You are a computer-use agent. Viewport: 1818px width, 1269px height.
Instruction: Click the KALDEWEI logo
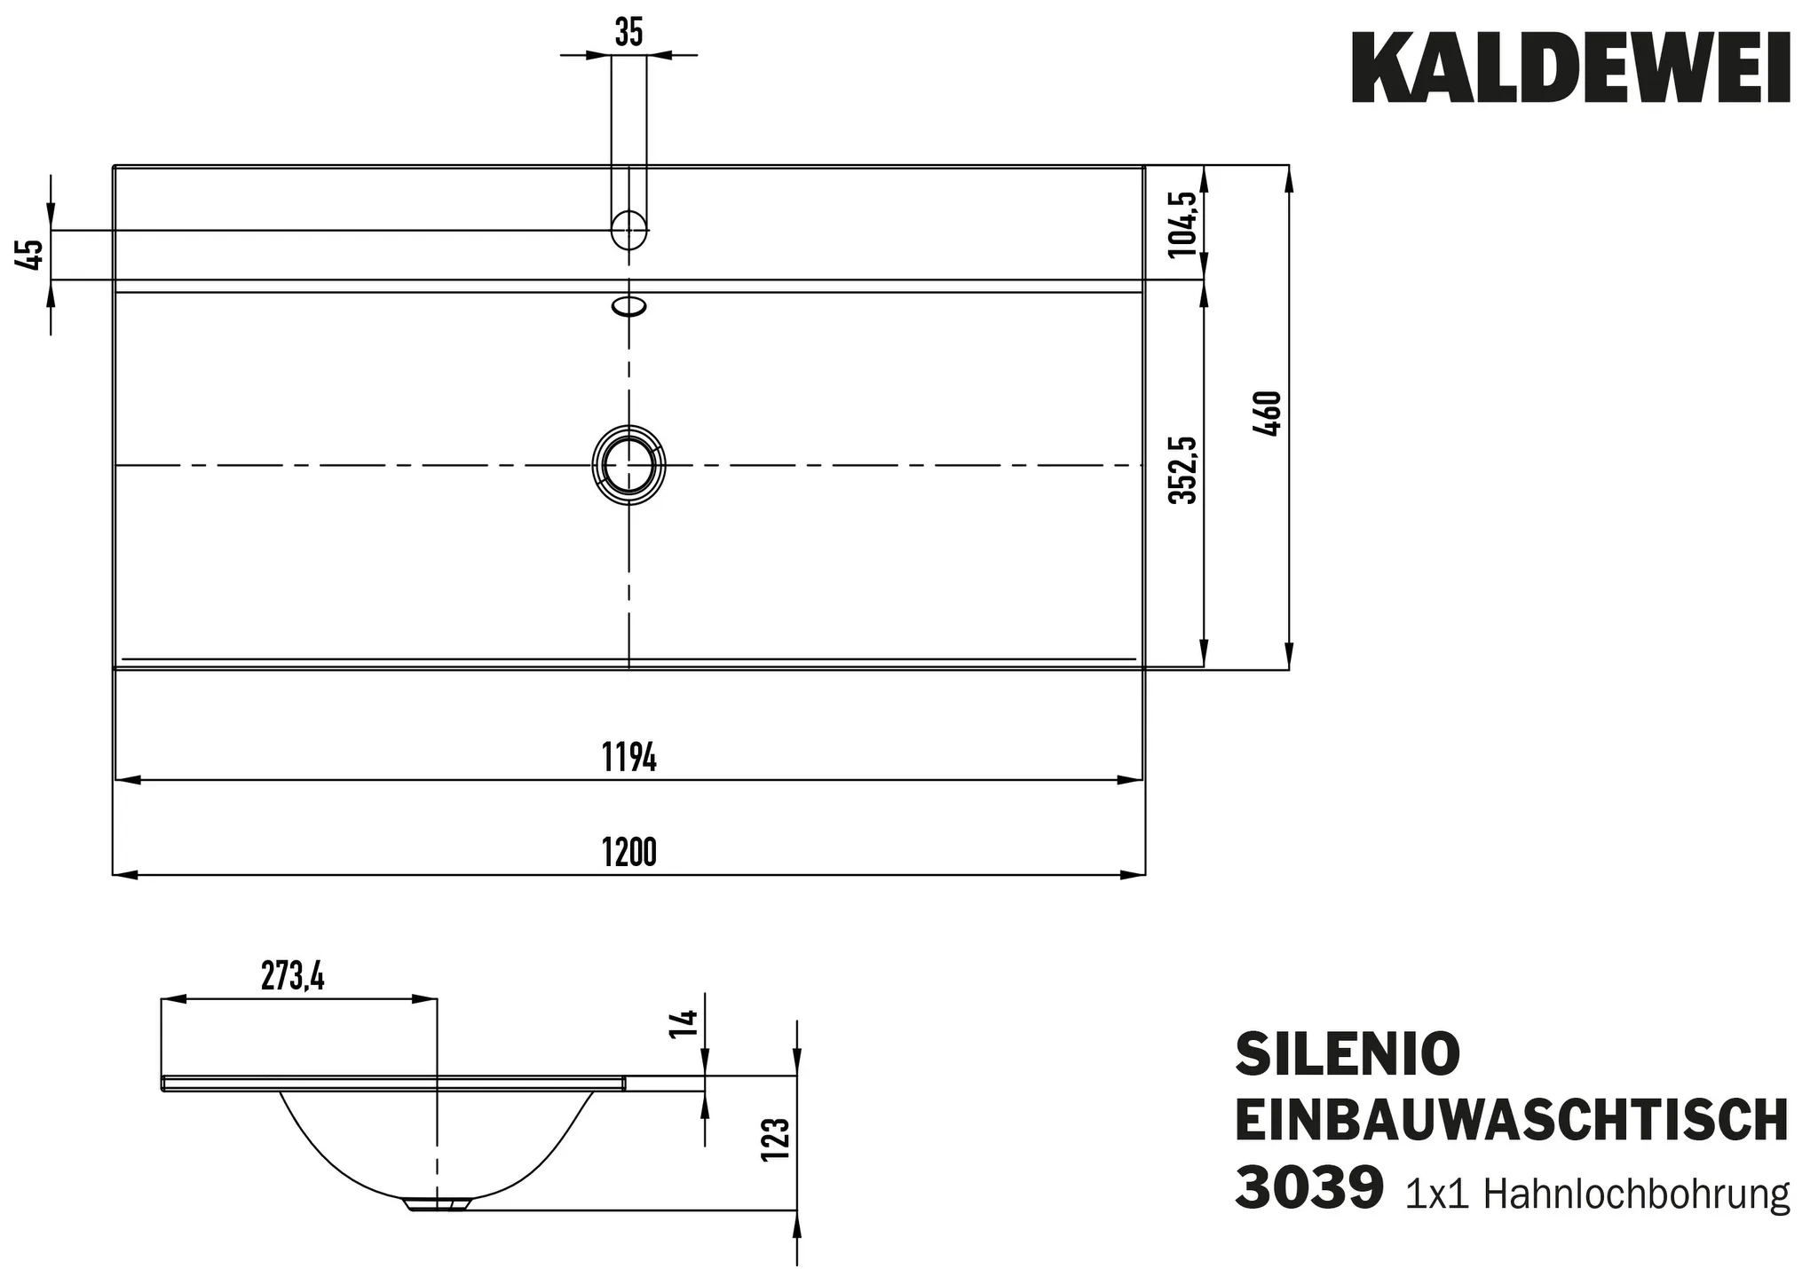point(1569,69)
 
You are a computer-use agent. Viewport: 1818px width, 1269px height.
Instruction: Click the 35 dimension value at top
point(628,33)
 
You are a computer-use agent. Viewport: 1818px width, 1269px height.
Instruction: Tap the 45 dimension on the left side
point(29,255)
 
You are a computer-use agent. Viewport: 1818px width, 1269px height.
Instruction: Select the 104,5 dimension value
point(1182,224)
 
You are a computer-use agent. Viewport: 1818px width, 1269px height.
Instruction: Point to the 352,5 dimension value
point(1182,470)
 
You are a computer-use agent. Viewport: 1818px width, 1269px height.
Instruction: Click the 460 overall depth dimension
point(1269,414)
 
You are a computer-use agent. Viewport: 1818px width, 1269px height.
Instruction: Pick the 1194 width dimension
point(628,758)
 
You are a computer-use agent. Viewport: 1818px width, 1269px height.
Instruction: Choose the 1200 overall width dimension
point(628,853)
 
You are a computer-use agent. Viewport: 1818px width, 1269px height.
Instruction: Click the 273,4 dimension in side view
point(293,977)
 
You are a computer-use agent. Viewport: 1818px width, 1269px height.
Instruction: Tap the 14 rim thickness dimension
point(684,1023)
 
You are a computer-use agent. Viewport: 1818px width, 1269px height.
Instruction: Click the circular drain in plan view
point(628,465)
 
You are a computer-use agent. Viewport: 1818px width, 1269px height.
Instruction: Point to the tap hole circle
point(628,230)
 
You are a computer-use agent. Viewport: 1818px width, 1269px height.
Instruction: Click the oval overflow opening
point(628,306)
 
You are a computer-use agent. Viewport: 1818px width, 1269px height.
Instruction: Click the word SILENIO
point(1348,1054)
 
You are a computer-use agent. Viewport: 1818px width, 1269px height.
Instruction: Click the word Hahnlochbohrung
point(1636,1194)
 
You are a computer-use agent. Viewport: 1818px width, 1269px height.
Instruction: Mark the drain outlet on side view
point(437,1204)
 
